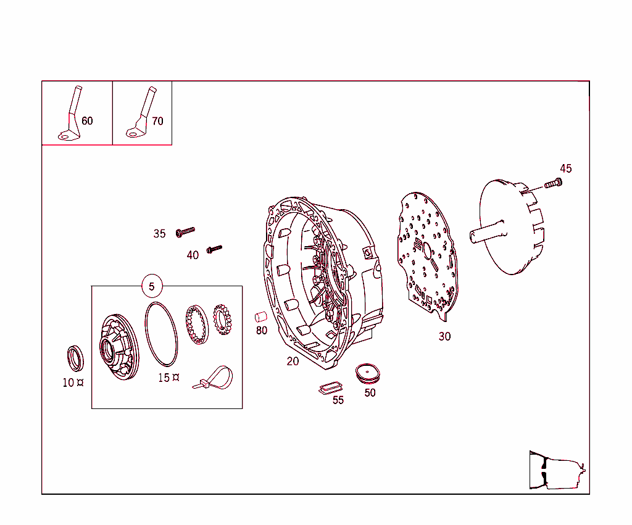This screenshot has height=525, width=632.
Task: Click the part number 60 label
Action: tap(87, 121)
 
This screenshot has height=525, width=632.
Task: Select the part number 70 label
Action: tap(157, 121)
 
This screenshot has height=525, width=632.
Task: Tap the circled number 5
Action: tap(152, 286)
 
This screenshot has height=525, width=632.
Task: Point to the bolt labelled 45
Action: tap(553, 183)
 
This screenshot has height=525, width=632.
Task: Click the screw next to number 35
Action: tap(185, 231)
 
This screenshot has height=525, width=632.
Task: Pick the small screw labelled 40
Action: tap(214, 249)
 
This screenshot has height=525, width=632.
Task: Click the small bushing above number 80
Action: tap(260, 317)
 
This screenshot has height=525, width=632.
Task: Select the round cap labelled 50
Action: tap(368, 372)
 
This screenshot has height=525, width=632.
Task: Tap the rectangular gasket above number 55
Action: tap(330, 387)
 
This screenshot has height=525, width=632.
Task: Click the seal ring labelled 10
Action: tap(75, 358)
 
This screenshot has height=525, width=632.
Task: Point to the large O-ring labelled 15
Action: tap(161, 333)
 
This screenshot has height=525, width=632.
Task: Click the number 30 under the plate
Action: tap(444, 336)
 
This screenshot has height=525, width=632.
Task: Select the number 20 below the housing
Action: tap(293, 361)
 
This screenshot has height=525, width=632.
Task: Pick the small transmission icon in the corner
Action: tap(556, 470)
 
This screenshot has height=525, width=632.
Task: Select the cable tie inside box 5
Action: tap(215, 378)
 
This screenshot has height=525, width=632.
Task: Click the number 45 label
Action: tap(565, 168)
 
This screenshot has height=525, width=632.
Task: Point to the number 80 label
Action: tap(262, 331)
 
